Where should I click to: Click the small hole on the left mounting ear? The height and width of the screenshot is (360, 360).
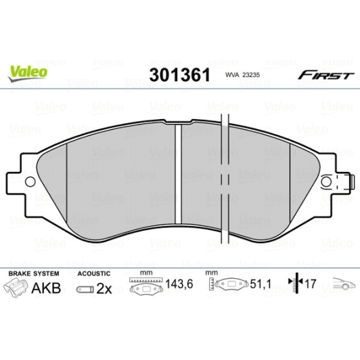(30, 181)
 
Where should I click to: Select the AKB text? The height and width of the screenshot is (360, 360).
(47, 288)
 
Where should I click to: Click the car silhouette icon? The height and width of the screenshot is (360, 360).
(342, 286)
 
